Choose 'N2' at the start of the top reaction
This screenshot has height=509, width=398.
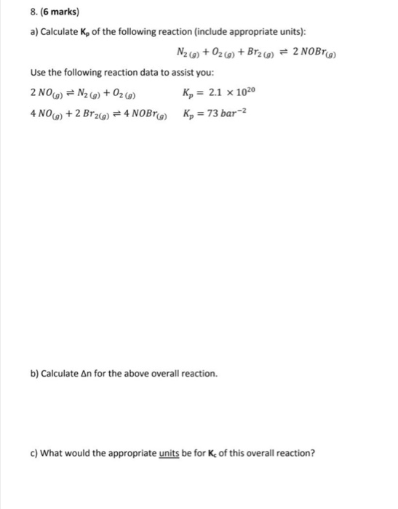pyautogui.click(x=185, y=53)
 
